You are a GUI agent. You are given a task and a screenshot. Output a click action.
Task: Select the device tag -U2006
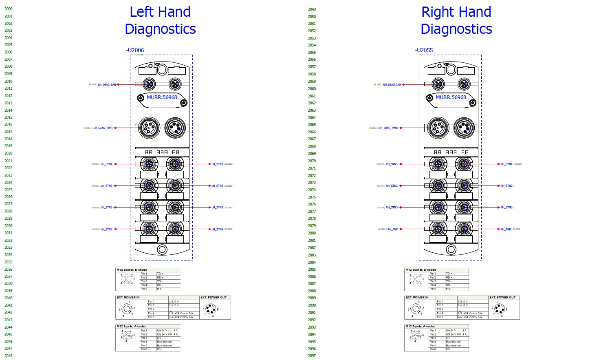(135, 50)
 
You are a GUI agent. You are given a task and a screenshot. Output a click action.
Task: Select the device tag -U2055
(424, 50)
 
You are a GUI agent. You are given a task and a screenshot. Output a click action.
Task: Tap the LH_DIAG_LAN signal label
(107, 85)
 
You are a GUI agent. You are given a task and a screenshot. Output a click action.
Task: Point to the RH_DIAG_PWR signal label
(388, 128)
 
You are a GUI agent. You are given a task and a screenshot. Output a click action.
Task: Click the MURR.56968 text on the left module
(162, 97)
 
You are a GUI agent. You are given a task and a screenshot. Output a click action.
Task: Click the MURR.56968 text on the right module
(451, 97)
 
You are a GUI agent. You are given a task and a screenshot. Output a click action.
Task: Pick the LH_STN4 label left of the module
(106, 230)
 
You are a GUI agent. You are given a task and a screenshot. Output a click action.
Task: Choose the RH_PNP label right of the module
(506, 230)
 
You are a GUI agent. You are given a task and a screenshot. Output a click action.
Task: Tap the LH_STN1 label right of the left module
(217, 164)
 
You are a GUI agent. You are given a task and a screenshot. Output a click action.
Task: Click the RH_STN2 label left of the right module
(392, 186)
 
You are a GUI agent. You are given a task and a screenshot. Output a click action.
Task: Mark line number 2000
(9, 9)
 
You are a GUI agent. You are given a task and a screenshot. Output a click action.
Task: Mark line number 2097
(312, 356)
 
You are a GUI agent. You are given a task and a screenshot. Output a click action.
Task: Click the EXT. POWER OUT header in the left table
(214, 298)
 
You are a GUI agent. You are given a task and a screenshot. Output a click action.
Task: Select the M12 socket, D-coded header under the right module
(421, 270)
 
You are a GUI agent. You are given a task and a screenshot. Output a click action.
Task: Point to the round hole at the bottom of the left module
(162, 250)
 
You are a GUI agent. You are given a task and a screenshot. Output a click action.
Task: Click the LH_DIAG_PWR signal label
(103, 128)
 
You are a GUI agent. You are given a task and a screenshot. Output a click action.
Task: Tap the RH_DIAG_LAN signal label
(392, 85)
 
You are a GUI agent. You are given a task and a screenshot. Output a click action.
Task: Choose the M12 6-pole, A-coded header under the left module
(131, 327)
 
